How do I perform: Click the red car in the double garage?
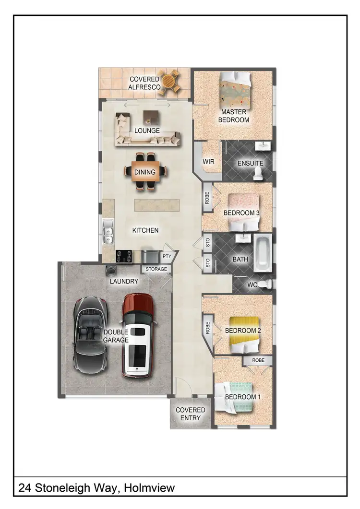coord(138,336)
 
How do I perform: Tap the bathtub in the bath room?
coord(262,253)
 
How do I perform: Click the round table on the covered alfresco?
coord(170,82)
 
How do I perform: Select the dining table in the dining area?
coord(145,172)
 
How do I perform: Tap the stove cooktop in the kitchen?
coord(125,256)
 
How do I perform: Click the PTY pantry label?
coord(167,257)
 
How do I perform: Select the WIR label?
coord(208,162)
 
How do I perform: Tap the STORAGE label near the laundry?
coord(156,269)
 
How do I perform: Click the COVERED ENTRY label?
coord(190,414)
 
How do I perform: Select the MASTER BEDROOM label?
coord(234,116)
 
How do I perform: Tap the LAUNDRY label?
coord(124,282)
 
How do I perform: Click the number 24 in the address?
coord(24,488)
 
